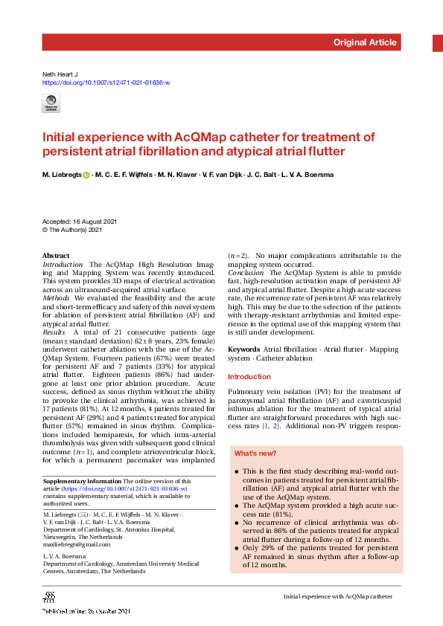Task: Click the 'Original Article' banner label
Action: [x=365, y=42]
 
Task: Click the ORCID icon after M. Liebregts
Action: [x=86, y=175]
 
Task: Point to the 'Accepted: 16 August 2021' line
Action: [x=80, y=222]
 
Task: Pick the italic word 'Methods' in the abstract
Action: [x=57, y=297]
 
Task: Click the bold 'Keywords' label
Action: [x=243, y=349]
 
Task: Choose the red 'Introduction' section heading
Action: [x=249, y=377]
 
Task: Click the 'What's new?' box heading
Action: [x=256, y=453]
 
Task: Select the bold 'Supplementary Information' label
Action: [x=82, y=482]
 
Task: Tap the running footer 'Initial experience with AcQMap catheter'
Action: [x=337, y=597]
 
